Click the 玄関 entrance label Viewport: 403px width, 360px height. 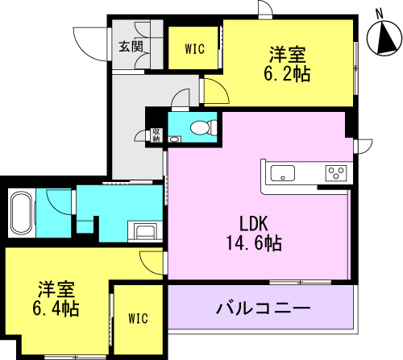pyautogui.click(x=131, y=47)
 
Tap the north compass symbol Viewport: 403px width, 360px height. pyautogui.click(x=384, y=38)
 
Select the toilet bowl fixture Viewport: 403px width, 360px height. pyautogui.click(x=203, y=126)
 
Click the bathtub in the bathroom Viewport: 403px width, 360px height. pyautogui.click(x=21, y=213)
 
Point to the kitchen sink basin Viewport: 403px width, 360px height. pyautogui.click(x=282, y=173)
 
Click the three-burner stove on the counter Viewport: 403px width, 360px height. pyautogui.click(x=336, y=173)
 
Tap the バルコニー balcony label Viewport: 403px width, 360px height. pyautogui.click(x=264, y=308)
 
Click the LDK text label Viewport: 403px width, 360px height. pyautogui.click(x=254, y=224)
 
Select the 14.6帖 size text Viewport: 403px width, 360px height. pyautogui.click(x=254, y=243)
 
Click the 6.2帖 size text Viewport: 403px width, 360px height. pyautogui.click(x=287, y=73)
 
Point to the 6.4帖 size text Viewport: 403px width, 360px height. pyautogui.click(x=56, y=308)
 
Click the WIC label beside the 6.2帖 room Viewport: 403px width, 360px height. pyautogui.click(x=195, y=49)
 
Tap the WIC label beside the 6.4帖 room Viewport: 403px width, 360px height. pyautogui.click(x=138, y=318)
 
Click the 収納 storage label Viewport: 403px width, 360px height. pyautogui.click(x=156, y=135)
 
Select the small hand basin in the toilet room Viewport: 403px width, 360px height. pyautogui.click(x=175, y=139)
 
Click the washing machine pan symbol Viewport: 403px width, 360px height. pyautogui.click(x=145, y=230)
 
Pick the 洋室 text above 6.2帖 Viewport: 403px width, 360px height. pyautogui.click(x=288, y=55)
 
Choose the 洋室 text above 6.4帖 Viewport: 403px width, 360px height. pyautogui.click(x=56, y=290)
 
